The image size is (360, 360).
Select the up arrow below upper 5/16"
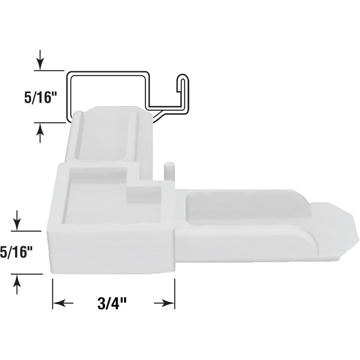coord(40,133)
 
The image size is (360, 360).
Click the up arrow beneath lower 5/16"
coord(17,284)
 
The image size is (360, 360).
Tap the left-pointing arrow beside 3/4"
coord(63,304)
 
